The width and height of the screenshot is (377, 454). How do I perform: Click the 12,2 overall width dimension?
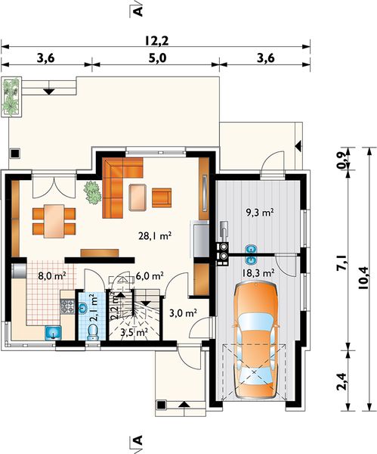(156, 41)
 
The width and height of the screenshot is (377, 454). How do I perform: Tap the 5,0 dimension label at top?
(158, 58)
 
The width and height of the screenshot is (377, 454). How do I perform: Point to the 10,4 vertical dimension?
(363, 278)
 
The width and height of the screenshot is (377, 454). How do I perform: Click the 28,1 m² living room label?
(155, 236)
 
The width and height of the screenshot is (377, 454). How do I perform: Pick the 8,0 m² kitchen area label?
(52, 275)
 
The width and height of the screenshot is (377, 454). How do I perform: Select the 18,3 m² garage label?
(258, 272)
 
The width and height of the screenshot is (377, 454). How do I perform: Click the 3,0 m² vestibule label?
(183, 313)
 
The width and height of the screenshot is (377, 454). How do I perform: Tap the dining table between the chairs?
(54, 221)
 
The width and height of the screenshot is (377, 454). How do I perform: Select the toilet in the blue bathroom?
(92, 332)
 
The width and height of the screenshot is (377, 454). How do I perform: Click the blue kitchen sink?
(53, 332)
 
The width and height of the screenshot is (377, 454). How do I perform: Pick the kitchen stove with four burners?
(67, 306)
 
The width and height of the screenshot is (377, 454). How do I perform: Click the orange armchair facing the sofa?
(162, 197)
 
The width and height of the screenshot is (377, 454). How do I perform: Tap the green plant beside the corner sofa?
(92, 192)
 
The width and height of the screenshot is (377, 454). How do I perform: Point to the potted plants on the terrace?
(11, 96)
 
